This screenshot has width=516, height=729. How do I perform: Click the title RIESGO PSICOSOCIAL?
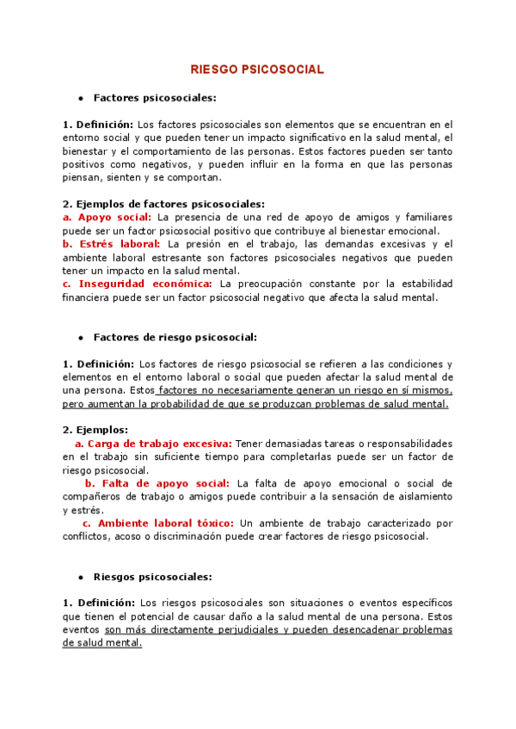point(257,70)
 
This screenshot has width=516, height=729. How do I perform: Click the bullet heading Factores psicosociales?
point(155,98)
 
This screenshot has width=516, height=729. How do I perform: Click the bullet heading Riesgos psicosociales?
point(152,577)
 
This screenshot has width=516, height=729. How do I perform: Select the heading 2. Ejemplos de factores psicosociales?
point(163,204)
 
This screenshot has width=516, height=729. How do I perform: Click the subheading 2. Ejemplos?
point(95,429)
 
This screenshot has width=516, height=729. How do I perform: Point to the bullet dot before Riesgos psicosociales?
point(80,578)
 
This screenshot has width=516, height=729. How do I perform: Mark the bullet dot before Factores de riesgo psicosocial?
point(80,339)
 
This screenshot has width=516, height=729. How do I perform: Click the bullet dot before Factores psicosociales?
point(80,99)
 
